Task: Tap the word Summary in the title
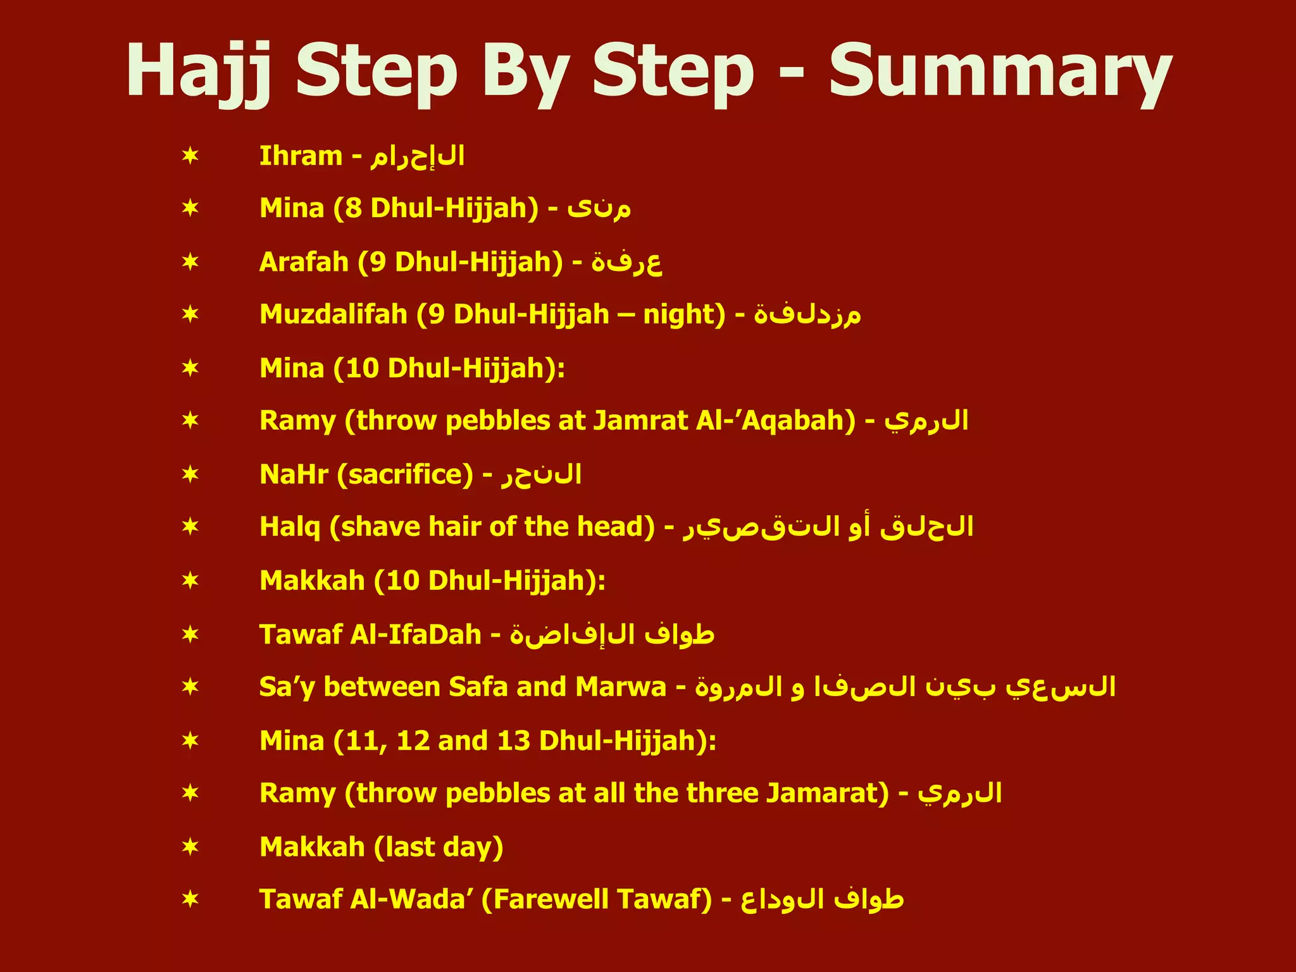pyautogui.click(x=1000, y=71)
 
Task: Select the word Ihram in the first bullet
pyautogui.click(x=301, y=156)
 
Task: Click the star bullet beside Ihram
pyautogui.click(x=190, y=156)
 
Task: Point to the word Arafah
pyautogui.click(x=304, y=262)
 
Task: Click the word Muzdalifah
pyautogui.click(x=333, y=315)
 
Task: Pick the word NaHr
pyautogui.click(x=294, y=475)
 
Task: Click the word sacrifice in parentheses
pyautogui.click(x=405, y=475)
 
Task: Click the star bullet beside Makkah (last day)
pyautogui.click(x=190, y=847)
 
